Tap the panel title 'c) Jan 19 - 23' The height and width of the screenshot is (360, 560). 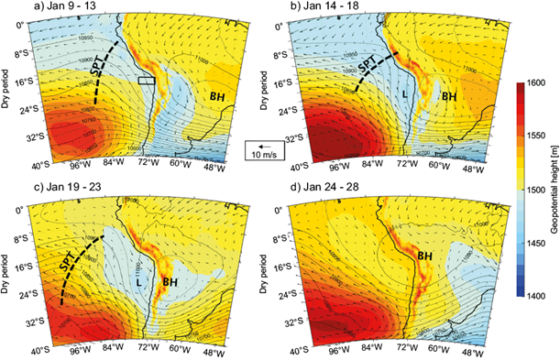click(x=63, y=188)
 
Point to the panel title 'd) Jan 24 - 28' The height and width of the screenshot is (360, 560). click(x=324, y=188)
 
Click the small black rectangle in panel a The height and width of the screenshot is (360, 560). click(x=146, y=82)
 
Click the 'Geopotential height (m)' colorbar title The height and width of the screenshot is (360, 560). click(x=552, y=188)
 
